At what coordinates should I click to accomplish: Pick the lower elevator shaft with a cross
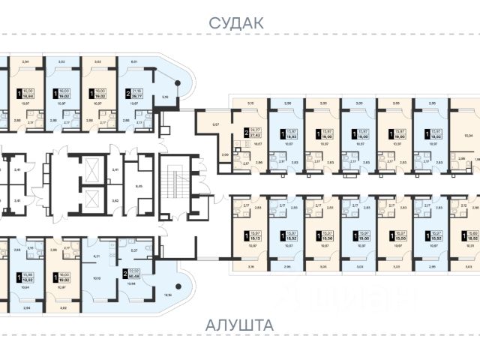click(x=91, y=200)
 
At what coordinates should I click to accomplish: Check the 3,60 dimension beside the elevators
click(x=114, y=201)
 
